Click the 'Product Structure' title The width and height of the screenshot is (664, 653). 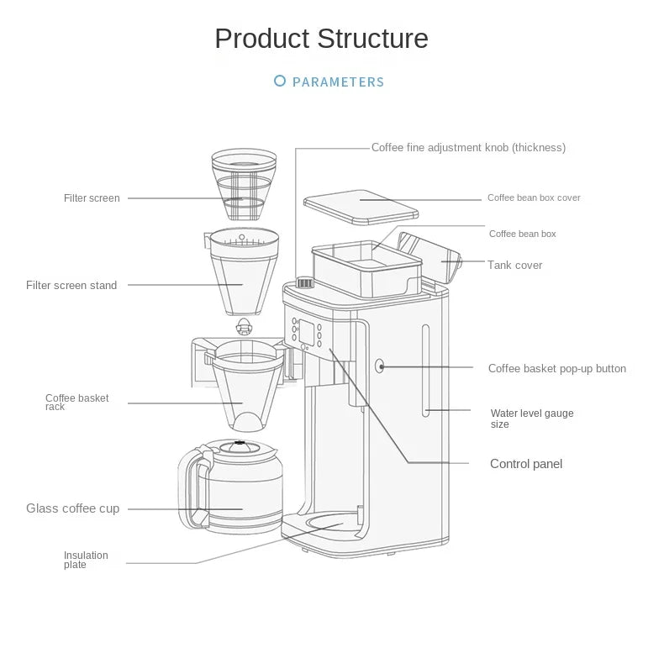pyautogui.click(x=321, y=39)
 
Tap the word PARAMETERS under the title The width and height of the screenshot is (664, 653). pyautogui.click(x=338, y=82)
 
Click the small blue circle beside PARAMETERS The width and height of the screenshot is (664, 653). pyautogui.click(x=280, y=82)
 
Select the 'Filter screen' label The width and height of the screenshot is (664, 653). pyautogui.click(x=92, y=198)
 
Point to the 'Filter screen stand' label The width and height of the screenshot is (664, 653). pyautogui.click(x=71, y=286)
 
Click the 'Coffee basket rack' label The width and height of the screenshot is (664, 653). pyautogui.click(x=76, y=402)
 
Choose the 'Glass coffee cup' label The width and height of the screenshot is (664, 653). pyautogui.click(x=72, y=508)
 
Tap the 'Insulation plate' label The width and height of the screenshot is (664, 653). pyautogui.click(x=86, y=560)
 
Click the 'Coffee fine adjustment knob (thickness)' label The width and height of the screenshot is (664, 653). pyautogui.click(x=468, y=148)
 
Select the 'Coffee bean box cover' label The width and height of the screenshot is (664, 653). pyautogui.click(x=534, y=198)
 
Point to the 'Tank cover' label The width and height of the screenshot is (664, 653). pyautogui.click(x=514, y=266)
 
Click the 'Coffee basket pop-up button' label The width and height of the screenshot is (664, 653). pyautogui.click(x=556, y=369)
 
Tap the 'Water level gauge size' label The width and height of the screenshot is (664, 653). pyautogui.click(x=531, y=419)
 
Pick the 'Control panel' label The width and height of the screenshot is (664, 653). pyautogui.click(x=526, y=464)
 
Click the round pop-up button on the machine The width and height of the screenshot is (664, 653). pyautogui.click(x=380, y=366)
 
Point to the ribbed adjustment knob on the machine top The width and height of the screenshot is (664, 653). pyautogui.click(x=305, y=283)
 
